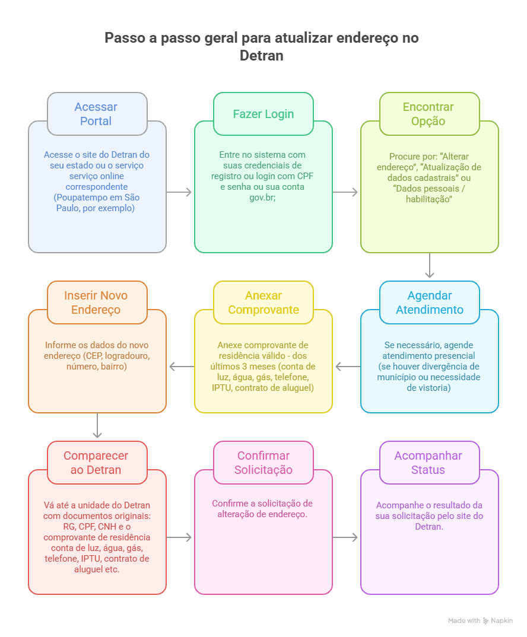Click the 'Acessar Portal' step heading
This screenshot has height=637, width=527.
(96, 114)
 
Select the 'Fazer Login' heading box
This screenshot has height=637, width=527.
(263, 114)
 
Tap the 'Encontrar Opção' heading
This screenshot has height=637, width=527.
(428, 114)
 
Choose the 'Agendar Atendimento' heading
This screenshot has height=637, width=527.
(430, 302)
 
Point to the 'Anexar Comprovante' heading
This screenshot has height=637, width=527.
(263, 302)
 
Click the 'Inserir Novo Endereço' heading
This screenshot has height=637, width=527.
(96, 302)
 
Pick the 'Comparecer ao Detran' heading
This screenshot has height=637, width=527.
(96, 462)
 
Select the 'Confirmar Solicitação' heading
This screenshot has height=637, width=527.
(263, 462)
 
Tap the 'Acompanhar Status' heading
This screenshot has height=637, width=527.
(428, 462)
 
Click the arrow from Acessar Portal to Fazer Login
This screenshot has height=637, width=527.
(179, 192)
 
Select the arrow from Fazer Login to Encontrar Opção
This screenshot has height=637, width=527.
(345, 192)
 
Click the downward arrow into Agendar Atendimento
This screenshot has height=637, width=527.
(430, 265)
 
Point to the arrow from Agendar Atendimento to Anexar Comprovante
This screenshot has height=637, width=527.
(348, 367)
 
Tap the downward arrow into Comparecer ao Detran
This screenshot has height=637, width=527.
(97, 425)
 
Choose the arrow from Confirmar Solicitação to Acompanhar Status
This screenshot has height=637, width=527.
(345, 537)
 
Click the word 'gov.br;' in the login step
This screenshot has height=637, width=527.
(263, 198)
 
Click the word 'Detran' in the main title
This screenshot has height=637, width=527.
(262, 56)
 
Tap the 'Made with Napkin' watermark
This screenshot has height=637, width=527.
(480, 620)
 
